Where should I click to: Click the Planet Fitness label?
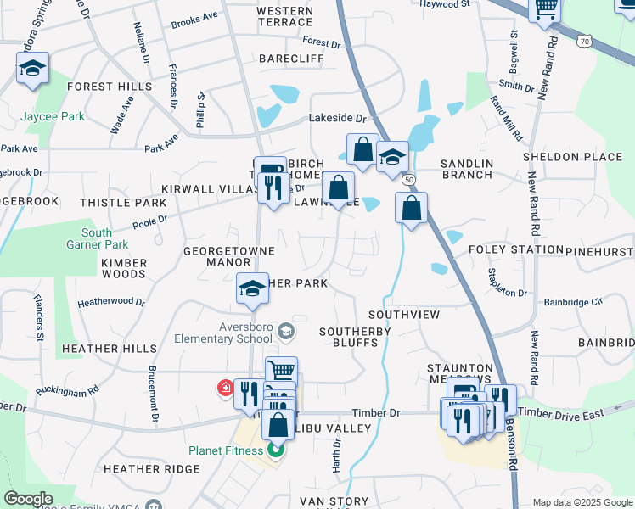tap(226, 450)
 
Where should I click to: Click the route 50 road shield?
tap(409, 180)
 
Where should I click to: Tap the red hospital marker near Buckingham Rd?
tap(225, 389)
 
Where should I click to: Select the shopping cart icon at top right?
tap(546, 9)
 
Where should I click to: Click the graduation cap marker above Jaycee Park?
tap(33, 69)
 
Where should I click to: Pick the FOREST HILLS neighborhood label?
tap(109, 87)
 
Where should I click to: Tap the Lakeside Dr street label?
tap(337, 119)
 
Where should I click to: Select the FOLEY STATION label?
tap(515, 249)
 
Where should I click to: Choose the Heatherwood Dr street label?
tap(111, 301)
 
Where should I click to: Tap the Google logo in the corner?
tap(28, 499)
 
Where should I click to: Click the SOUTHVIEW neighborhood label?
tap(403, 315)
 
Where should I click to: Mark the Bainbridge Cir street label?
tap(573, 301)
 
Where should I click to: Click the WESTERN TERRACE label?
tap(284, 16)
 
